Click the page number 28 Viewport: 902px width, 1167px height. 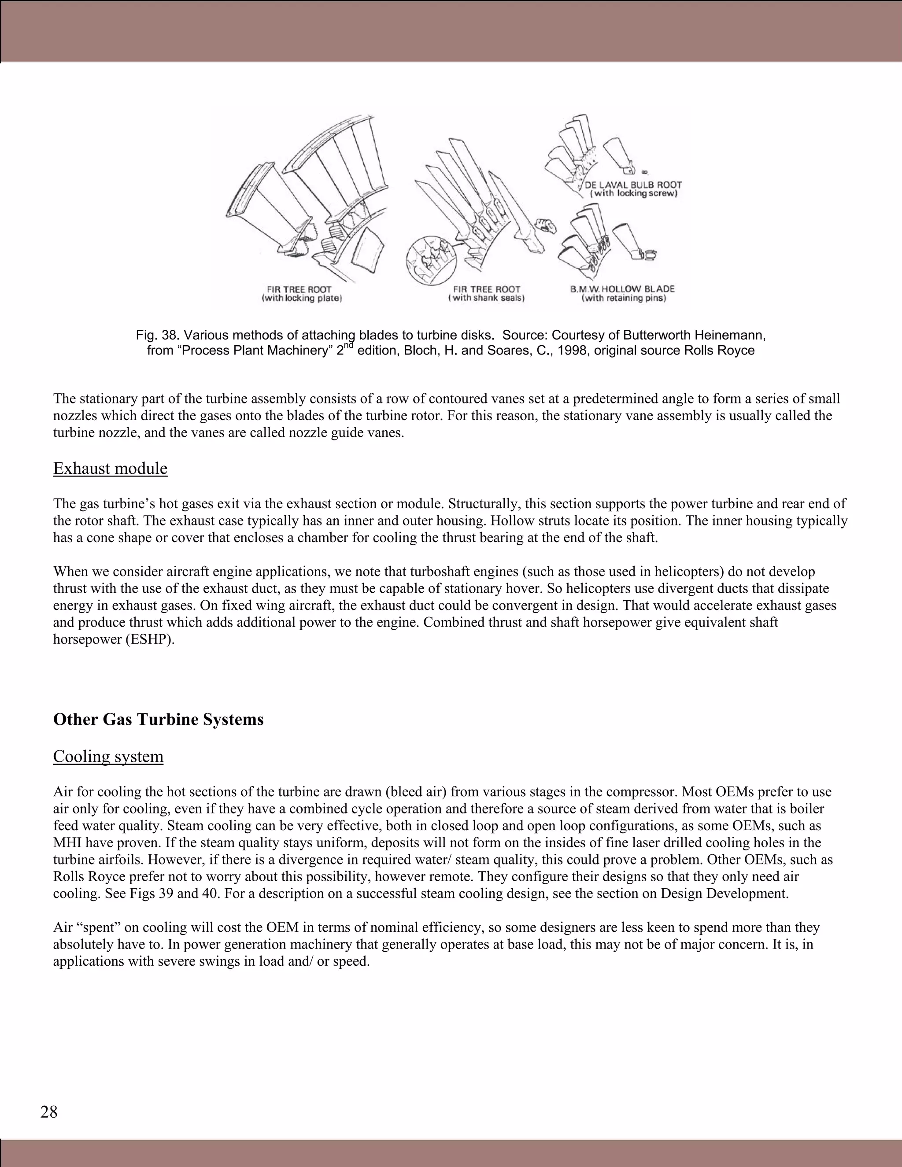48,1112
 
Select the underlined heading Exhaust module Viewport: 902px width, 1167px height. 110,468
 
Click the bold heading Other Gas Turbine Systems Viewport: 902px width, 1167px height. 158,719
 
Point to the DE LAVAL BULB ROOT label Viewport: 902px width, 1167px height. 633,185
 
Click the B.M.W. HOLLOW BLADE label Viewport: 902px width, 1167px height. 622,289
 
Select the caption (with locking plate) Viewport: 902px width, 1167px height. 302,299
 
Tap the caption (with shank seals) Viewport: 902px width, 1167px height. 486,299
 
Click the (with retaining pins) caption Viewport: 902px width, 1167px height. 624,299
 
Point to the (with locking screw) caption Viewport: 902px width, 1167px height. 633,193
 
